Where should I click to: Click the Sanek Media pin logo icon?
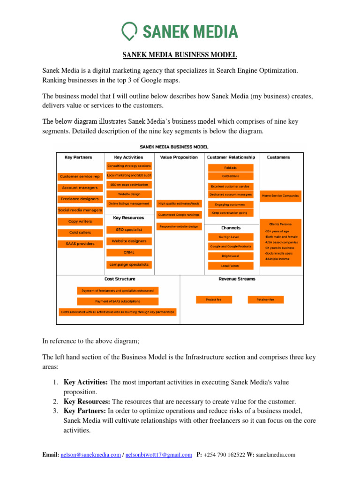coord(129,32)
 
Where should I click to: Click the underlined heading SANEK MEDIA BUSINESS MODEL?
coord(180,55)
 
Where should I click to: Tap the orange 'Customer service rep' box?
coord(80,176)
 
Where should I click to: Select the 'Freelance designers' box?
coord(80,199)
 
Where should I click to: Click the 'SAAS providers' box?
coord(80,244)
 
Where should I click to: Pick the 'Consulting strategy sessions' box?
coord(129,166)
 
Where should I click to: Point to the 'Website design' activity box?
coord(129,194)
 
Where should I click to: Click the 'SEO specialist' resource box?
coord(129,230)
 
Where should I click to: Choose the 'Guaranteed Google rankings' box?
coord(179,215)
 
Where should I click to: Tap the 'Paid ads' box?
coord(230,167)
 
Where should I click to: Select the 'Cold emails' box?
coord(230,176)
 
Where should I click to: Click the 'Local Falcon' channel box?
coord(230,266)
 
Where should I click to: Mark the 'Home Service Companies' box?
coord(280,195)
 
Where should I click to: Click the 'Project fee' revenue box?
coord(213,299)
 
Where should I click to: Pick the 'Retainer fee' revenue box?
coord(265,299)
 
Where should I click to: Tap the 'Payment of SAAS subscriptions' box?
coord(117,301)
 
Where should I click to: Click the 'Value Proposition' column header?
coord(179,157)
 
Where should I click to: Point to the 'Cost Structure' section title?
coord(120,279)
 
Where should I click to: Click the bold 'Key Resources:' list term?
coord(87,402)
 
